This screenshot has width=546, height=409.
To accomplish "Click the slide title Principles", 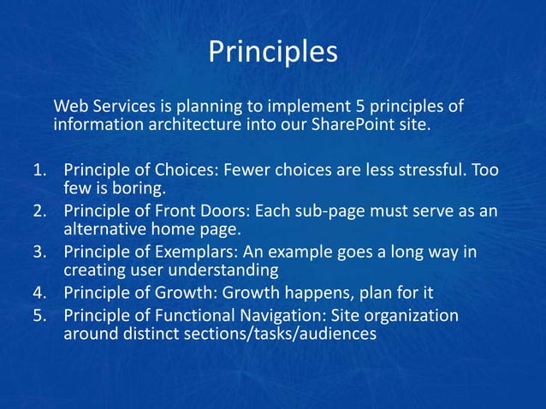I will coord(273,52).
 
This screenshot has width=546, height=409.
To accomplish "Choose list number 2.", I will coord(39,210).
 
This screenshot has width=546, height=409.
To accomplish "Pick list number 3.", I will coord(39,252).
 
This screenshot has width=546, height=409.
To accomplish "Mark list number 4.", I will coord(39,293).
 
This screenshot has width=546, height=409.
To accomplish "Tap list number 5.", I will coord(39,315).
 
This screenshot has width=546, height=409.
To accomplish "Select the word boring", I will coord(131,188).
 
